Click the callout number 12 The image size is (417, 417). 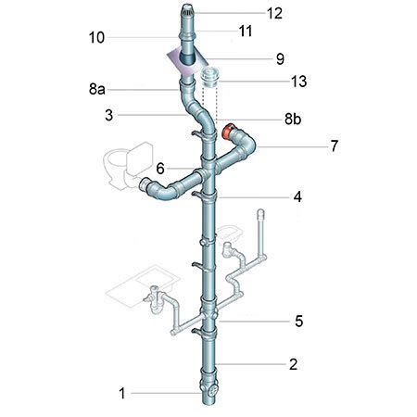(274, 13)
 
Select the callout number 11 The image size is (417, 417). (246, 32)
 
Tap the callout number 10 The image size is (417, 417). (96, 38)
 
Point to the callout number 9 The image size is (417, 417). (280, 58)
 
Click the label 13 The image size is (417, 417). (299, 82)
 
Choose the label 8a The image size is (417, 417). (97, 89)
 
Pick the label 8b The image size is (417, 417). (293, 119)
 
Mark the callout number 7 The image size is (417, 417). (335, 146)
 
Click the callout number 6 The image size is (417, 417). (160, 169)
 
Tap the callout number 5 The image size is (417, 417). (298, 322)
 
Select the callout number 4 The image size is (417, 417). (297, 196)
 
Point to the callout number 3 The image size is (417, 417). (109, 115)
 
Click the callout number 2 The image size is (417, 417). (293, 364)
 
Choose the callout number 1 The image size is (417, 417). (122, 394)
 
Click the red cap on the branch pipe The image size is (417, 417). (229, 132)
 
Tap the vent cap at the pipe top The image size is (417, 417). (188, 10)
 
